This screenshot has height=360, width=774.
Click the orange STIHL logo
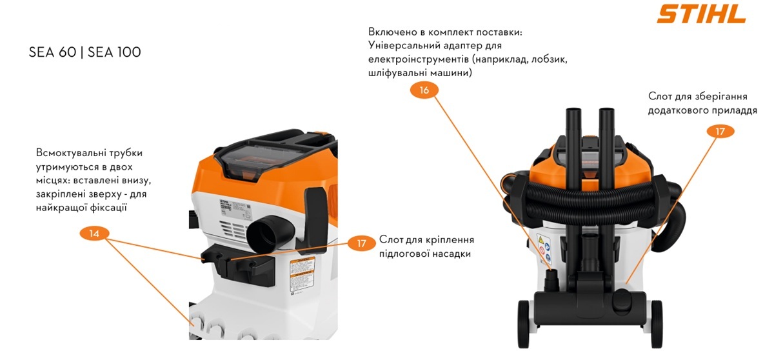tap(702, 14)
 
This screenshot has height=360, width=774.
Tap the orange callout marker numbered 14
tap(94, 234)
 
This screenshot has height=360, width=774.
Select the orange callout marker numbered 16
tap(424, 90)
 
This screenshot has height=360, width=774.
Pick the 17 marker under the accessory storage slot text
tap(720, 132)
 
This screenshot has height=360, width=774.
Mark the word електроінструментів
tap(419, 59)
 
